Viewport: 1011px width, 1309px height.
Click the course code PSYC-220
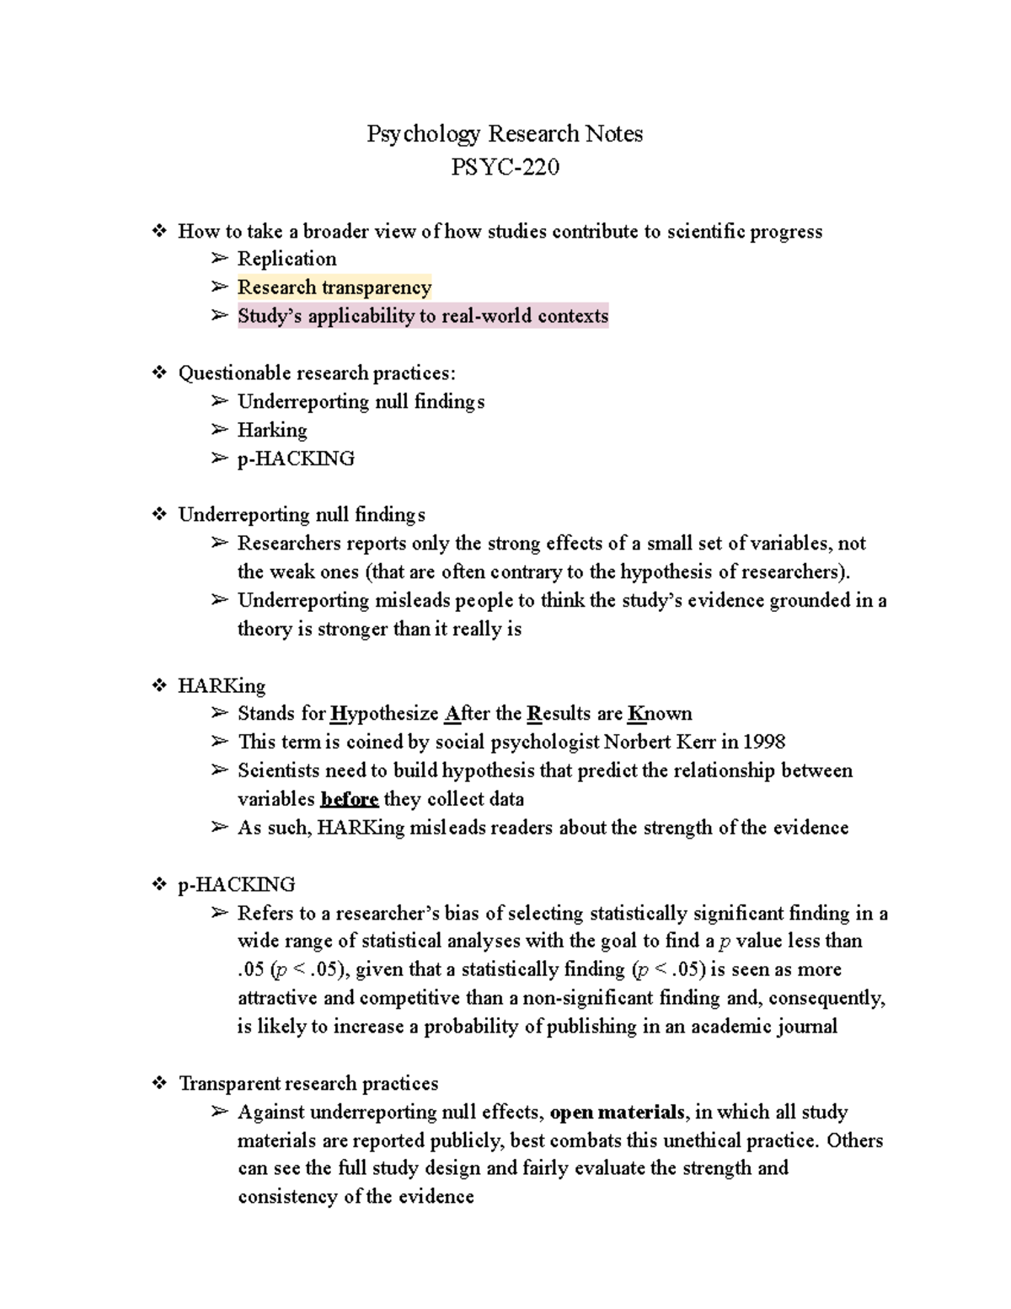point(505,168)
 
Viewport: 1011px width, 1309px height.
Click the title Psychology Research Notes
point(505,134)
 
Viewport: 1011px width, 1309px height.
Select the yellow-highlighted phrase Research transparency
point(334,287)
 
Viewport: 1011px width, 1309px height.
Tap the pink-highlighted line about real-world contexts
point(422,316)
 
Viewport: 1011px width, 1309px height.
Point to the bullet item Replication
point(286,259)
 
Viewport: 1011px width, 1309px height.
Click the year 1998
point(765,742)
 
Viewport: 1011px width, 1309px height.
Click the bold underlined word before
point(349,799)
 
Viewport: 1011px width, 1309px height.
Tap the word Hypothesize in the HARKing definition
point(384,714)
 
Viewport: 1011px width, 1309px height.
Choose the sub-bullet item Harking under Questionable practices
point(272,430)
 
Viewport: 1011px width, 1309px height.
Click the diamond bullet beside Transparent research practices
point(158,1084)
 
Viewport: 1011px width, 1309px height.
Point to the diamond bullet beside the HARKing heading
point(158,686)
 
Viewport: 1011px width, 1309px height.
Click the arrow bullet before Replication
point(219,259)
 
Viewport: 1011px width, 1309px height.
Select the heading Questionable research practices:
point(317,373)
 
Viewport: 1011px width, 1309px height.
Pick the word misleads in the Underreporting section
point(413,601)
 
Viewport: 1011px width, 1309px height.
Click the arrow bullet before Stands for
point(219,714)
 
